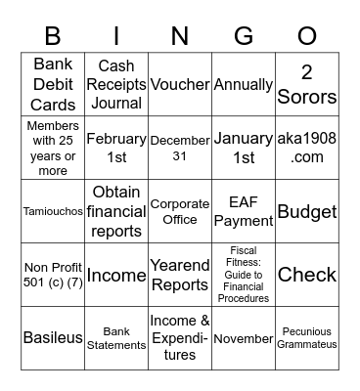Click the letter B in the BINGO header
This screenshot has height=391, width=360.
click(53, 36)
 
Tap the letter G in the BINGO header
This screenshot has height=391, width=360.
click(244, 36)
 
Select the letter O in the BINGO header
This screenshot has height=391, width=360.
click(307, 36)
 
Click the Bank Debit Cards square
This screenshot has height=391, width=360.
click(53, 84)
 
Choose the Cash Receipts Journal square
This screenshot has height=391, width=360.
click(116, 84)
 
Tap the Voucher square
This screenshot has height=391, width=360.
click(180, 84)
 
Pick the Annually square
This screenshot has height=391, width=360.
click(244, 84)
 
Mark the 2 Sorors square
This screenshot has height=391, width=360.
click(307, 85)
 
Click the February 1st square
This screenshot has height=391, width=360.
click(116, 148)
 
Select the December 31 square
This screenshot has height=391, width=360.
click(180, 148)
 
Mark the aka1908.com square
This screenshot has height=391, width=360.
click(307, 148)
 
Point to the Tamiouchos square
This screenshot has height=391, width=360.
click(53, 211)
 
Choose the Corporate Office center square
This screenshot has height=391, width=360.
click(180, 211)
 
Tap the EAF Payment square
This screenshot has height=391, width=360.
click(244, 211)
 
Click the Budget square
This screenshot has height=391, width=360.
click(307, 211)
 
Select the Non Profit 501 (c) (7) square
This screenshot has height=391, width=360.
click(53, 275)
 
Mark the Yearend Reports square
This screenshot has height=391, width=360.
click(180, 275)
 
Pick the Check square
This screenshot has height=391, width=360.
click(307, 275)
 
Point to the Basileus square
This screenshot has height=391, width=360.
click(53, 338)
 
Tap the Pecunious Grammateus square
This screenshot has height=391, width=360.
click(307, 338)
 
